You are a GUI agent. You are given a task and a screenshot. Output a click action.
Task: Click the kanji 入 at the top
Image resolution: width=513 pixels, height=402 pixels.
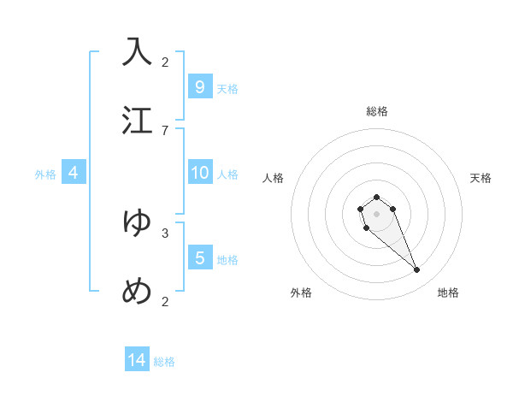point(137,51)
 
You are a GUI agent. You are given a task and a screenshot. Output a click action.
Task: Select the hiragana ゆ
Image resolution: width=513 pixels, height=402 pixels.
point(137,222)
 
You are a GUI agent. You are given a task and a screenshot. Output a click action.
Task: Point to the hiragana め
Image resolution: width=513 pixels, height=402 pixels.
point(137,292)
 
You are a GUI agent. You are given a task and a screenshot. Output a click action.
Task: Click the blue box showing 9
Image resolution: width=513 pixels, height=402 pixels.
point(199,86)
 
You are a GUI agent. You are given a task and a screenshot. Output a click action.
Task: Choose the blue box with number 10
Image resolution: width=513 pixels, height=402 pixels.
point(199,173)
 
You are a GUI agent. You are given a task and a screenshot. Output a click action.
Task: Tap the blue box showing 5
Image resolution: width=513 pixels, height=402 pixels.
point(199,257)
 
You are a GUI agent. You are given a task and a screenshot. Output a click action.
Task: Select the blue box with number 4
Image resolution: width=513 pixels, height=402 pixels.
point(73,173)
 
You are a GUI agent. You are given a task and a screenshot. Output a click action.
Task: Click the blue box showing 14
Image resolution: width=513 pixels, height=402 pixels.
point(137,360)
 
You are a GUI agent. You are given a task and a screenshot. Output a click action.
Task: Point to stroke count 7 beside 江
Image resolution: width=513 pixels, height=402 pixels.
point(165,130)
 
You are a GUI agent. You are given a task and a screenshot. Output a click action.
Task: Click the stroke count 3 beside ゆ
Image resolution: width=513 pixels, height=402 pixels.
point(165,232)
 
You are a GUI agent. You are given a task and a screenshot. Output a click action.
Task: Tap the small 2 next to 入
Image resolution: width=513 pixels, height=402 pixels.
point(165,62)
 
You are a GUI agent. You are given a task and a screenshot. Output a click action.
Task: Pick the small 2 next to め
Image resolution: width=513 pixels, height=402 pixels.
point(165,301)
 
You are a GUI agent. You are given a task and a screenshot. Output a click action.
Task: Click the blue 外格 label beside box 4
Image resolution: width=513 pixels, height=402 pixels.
point(45,174)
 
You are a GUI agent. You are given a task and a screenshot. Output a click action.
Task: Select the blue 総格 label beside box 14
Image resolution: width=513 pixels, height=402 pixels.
point(164,362)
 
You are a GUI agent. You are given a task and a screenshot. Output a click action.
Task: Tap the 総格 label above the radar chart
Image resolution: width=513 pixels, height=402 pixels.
point(376,111)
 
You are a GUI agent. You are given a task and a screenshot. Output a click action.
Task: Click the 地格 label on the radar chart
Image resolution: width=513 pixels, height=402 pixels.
point(448,293)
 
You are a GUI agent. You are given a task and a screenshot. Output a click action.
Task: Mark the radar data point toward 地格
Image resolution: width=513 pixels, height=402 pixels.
point(416,270)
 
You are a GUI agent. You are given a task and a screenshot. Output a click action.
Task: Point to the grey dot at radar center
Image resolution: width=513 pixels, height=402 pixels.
point(376,213)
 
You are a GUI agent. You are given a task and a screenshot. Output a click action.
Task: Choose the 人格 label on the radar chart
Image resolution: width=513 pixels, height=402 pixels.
point(274,178)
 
